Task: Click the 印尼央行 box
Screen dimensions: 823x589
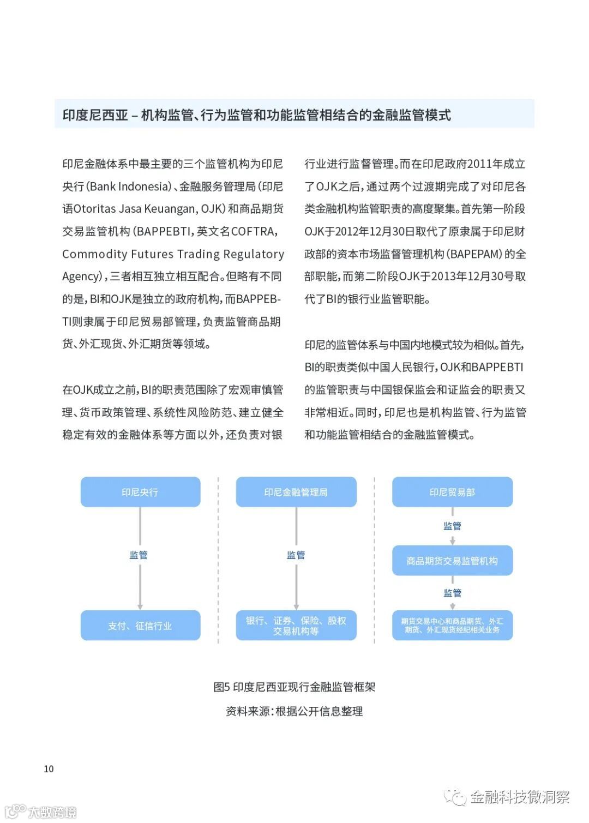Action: pyautogui.click(x=140, y=492)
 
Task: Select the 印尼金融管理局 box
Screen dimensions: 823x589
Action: pyautogui.click(x=296, y=492)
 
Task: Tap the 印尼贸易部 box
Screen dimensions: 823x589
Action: pyautogui.click(x=452, y=492)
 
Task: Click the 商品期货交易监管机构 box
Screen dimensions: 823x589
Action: pyautogui.click(x=452, y=561)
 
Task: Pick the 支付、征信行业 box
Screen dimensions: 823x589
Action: pyautogui.click(x=140, y=626)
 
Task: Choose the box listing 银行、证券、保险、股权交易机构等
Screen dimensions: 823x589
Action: pyautogui.click(x=296, y=626)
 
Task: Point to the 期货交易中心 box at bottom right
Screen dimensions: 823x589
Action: pyautogui.click(x=452, y=626)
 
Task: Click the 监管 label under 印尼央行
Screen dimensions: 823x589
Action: pyautogui.click(x=139, y=555)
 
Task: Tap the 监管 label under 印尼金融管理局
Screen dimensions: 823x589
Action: pyautogui.click(x=296, y=555)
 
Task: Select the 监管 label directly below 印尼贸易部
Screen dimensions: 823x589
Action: pyautogui.click(x=452, y=526)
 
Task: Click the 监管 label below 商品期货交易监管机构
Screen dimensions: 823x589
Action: pyautogui.click(x=452, y=593)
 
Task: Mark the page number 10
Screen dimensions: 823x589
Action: pyautogui.click(x=49, y=769)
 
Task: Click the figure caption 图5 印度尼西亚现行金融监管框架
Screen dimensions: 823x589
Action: pyautogui.click(x=294, y=687)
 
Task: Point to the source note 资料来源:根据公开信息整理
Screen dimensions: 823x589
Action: pyautogui.click(x=294, y=711)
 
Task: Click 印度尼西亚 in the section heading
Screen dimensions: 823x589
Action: pyautogui.click(x=95, y=115)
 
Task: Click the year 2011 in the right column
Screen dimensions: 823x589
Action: pyautogui.click(x=479, y=164)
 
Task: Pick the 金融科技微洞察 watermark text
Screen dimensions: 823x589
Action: pyautogui.click(x=519, y=797)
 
